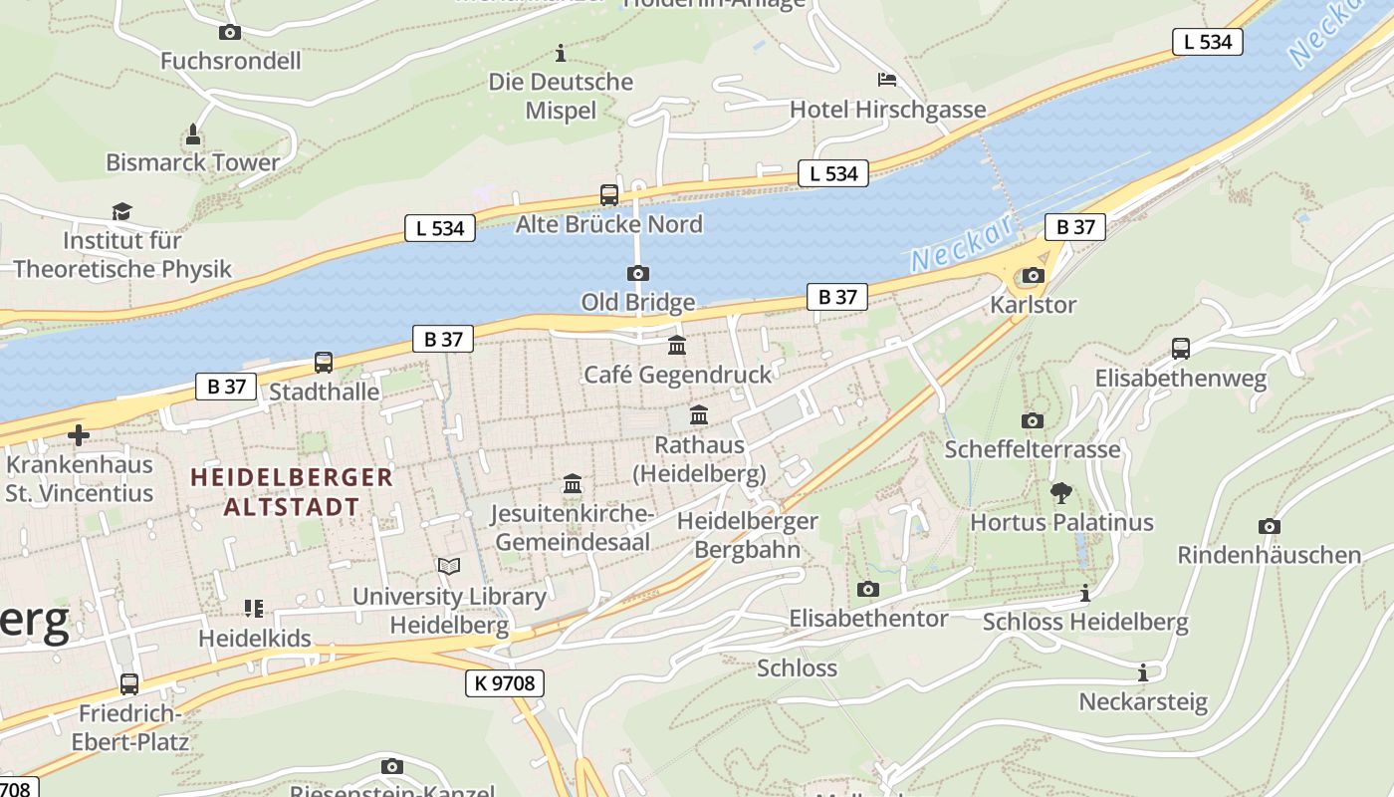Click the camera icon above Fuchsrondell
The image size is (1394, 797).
coord(230,33)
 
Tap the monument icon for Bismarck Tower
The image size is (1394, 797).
coord(193,133)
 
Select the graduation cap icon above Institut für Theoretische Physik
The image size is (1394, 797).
coord(121,211)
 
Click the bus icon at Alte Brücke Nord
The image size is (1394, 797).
coord(608,195)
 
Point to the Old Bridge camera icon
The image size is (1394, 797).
coord(637,273)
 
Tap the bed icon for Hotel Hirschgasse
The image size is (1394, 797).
coord(886,80)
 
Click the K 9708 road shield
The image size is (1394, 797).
coord(504,683)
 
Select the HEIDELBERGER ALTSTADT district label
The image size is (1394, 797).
coord(292,491)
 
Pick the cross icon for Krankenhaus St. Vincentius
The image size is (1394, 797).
coord(79,435)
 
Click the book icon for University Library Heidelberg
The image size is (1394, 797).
coord(449,566)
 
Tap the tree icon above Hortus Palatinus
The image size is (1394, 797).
coord(1061,492)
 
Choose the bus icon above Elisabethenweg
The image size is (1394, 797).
coord(1180,349)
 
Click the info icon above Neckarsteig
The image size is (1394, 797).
coord(1143,672)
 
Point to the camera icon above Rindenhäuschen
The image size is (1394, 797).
coord(1269,526)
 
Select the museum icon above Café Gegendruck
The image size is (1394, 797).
coord(677,346)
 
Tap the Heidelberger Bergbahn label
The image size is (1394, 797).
coord(747,535)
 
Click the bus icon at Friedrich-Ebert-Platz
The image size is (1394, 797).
coord(129,684)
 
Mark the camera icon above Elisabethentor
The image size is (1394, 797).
coord(868,590)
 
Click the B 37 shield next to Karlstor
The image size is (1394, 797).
coord(1075,227)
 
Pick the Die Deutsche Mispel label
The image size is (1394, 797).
coord(561,96)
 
